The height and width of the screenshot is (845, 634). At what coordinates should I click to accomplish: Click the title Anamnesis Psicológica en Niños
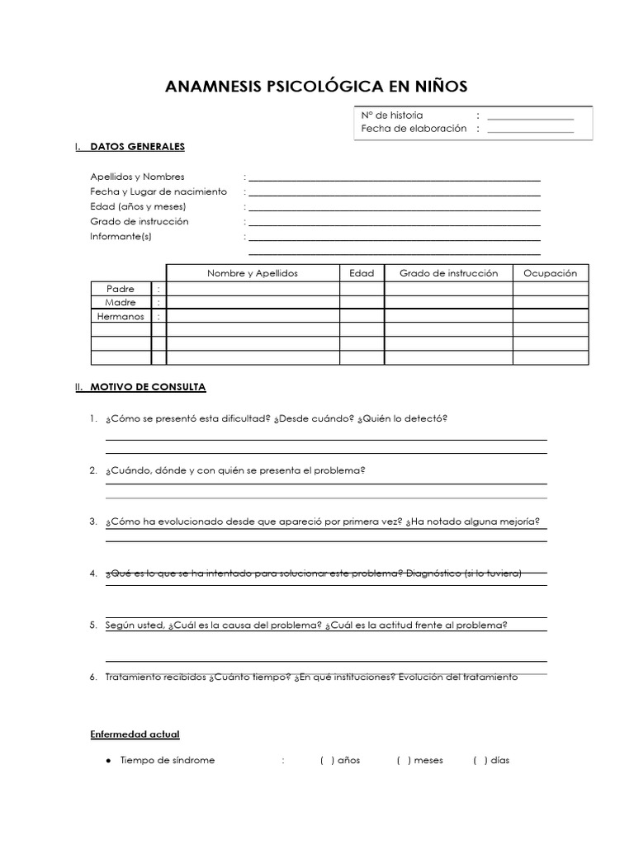[317, 87]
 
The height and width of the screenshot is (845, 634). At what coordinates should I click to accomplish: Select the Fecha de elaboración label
[414, 129]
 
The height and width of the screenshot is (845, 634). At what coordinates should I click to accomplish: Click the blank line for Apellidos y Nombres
[395, 177]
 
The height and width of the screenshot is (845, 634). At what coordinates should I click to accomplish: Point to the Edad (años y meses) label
[138, 206]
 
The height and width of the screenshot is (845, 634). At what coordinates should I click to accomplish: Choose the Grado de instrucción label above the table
[140, 221]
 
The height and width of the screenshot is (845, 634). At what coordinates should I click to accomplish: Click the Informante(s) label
[121, 237]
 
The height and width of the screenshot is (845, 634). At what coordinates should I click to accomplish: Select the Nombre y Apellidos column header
[253, 273]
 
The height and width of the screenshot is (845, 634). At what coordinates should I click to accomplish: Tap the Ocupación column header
[551, 273]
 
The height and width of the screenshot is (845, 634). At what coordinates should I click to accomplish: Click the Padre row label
[120, 289]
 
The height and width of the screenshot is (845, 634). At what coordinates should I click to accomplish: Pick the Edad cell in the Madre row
[362, 303]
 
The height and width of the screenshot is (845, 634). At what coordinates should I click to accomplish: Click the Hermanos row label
[121, 317]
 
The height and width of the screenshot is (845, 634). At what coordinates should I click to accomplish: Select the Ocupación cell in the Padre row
[551, 289]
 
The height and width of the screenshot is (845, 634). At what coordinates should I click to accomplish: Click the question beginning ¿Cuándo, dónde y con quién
[235, 470]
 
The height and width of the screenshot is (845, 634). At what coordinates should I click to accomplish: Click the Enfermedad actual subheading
[135, 734]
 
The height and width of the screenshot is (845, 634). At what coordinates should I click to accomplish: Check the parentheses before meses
[404, 760]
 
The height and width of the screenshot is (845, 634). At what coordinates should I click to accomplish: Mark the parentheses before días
[480, 760]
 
